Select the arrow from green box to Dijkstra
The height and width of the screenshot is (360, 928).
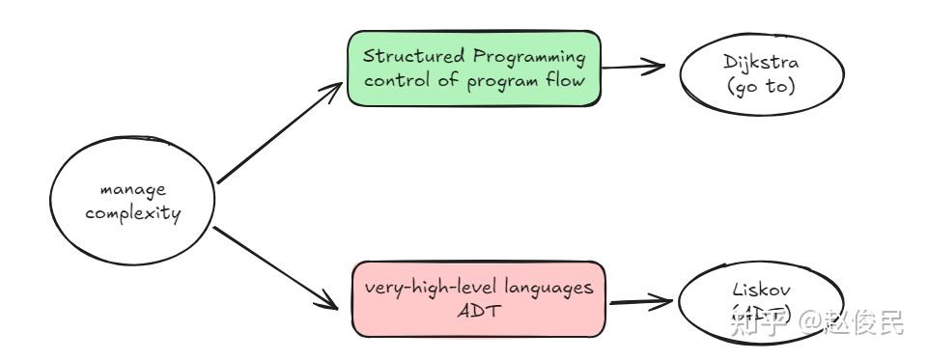pos(638,68)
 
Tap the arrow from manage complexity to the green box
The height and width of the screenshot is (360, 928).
pos(279,133)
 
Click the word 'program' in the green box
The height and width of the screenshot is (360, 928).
pos(499,80)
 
